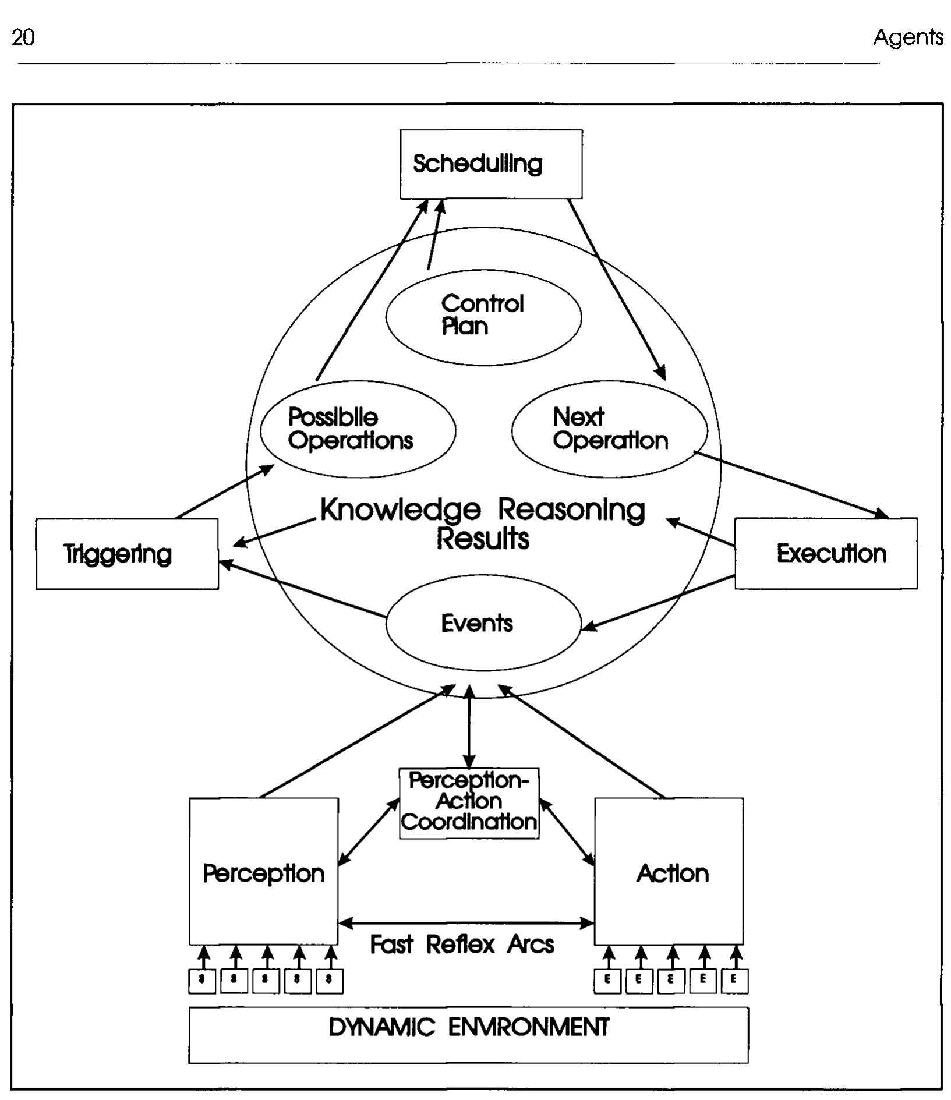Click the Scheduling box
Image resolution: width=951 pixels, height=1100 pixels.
pyautogui.click(x=490, y=164)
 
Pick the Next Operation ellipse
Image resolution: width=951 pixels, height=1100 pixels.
pyautogui.click(x=609, y=430)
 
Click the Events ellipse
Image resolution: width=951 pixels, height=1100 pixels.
pyautogui.click(x=483, y=623)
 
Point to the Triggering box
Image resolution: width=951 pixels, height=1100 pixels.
pyautogui.click(x=127, y=554)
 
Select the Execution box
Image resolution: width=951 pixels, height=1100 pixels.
pyautogui.click(x=826, y=553)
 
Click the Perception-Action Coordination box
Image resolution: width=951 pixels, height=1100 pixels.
pyautogui.click(x=469, y=803)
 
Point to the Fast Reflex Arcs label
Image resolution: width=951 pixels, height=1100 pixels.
pyautogui.click(x=462, y=944)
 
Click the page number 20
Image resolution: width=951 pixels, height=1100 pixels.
pyautogui.click(x=23, y=38)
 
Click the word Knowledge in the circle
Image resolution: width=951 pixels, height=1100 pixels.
pyautogui.click(x=401, y=510)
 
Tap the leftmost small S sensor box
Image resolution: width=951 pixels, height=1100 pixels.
pyautogui.click(x=201, y=981)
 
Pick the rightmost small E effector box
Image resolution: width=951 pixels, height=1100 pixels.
pyautogui.click(x=734, y=981)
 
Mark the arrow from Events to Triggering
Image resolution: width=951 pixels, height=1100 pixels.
pyautogui.click(x=303, y=589)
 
